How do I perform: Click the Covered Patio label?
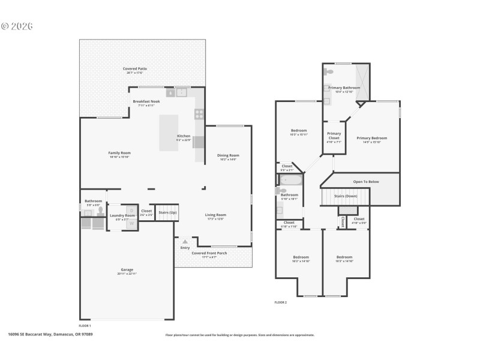pyautogui.click(x=135, y=69)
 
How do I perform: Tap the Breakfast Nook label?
pyautogui.click(x=146, y=102)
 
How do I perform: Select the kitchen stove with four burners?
pyautogui.click(x=199, y=113)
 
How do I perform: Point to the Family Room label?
pyautogui.click(x=119, y=153)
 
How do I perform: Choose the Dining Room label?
pyautogui.click(x=228, y=156)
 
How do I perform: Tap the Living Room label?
pyautogui.click(x=216, y=215)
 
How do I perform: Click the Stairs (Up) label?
pyautogui.click(x=167, y=212)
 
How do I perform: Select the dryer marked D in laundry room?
pyautogui.click(x=131, y=211)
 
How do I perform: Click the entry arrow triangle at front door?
pyautogui.click(x=185, y=242)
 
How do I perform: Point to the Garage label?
pyautogui.click(x=127, y=270)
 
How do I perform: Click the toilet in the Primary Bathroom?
pyautogui.click(x=329, y=71)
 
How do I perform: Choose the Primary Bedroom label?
pyautogui.click(x=372, y=138)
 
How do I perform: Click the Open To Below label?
pyautogui.click(x=365, y=181)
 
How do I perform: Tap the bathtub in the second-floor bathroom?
pyautogui.click(x=292, y=180)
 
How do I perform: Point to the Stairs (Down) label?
pyautogui.click(x=346, y=196)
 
